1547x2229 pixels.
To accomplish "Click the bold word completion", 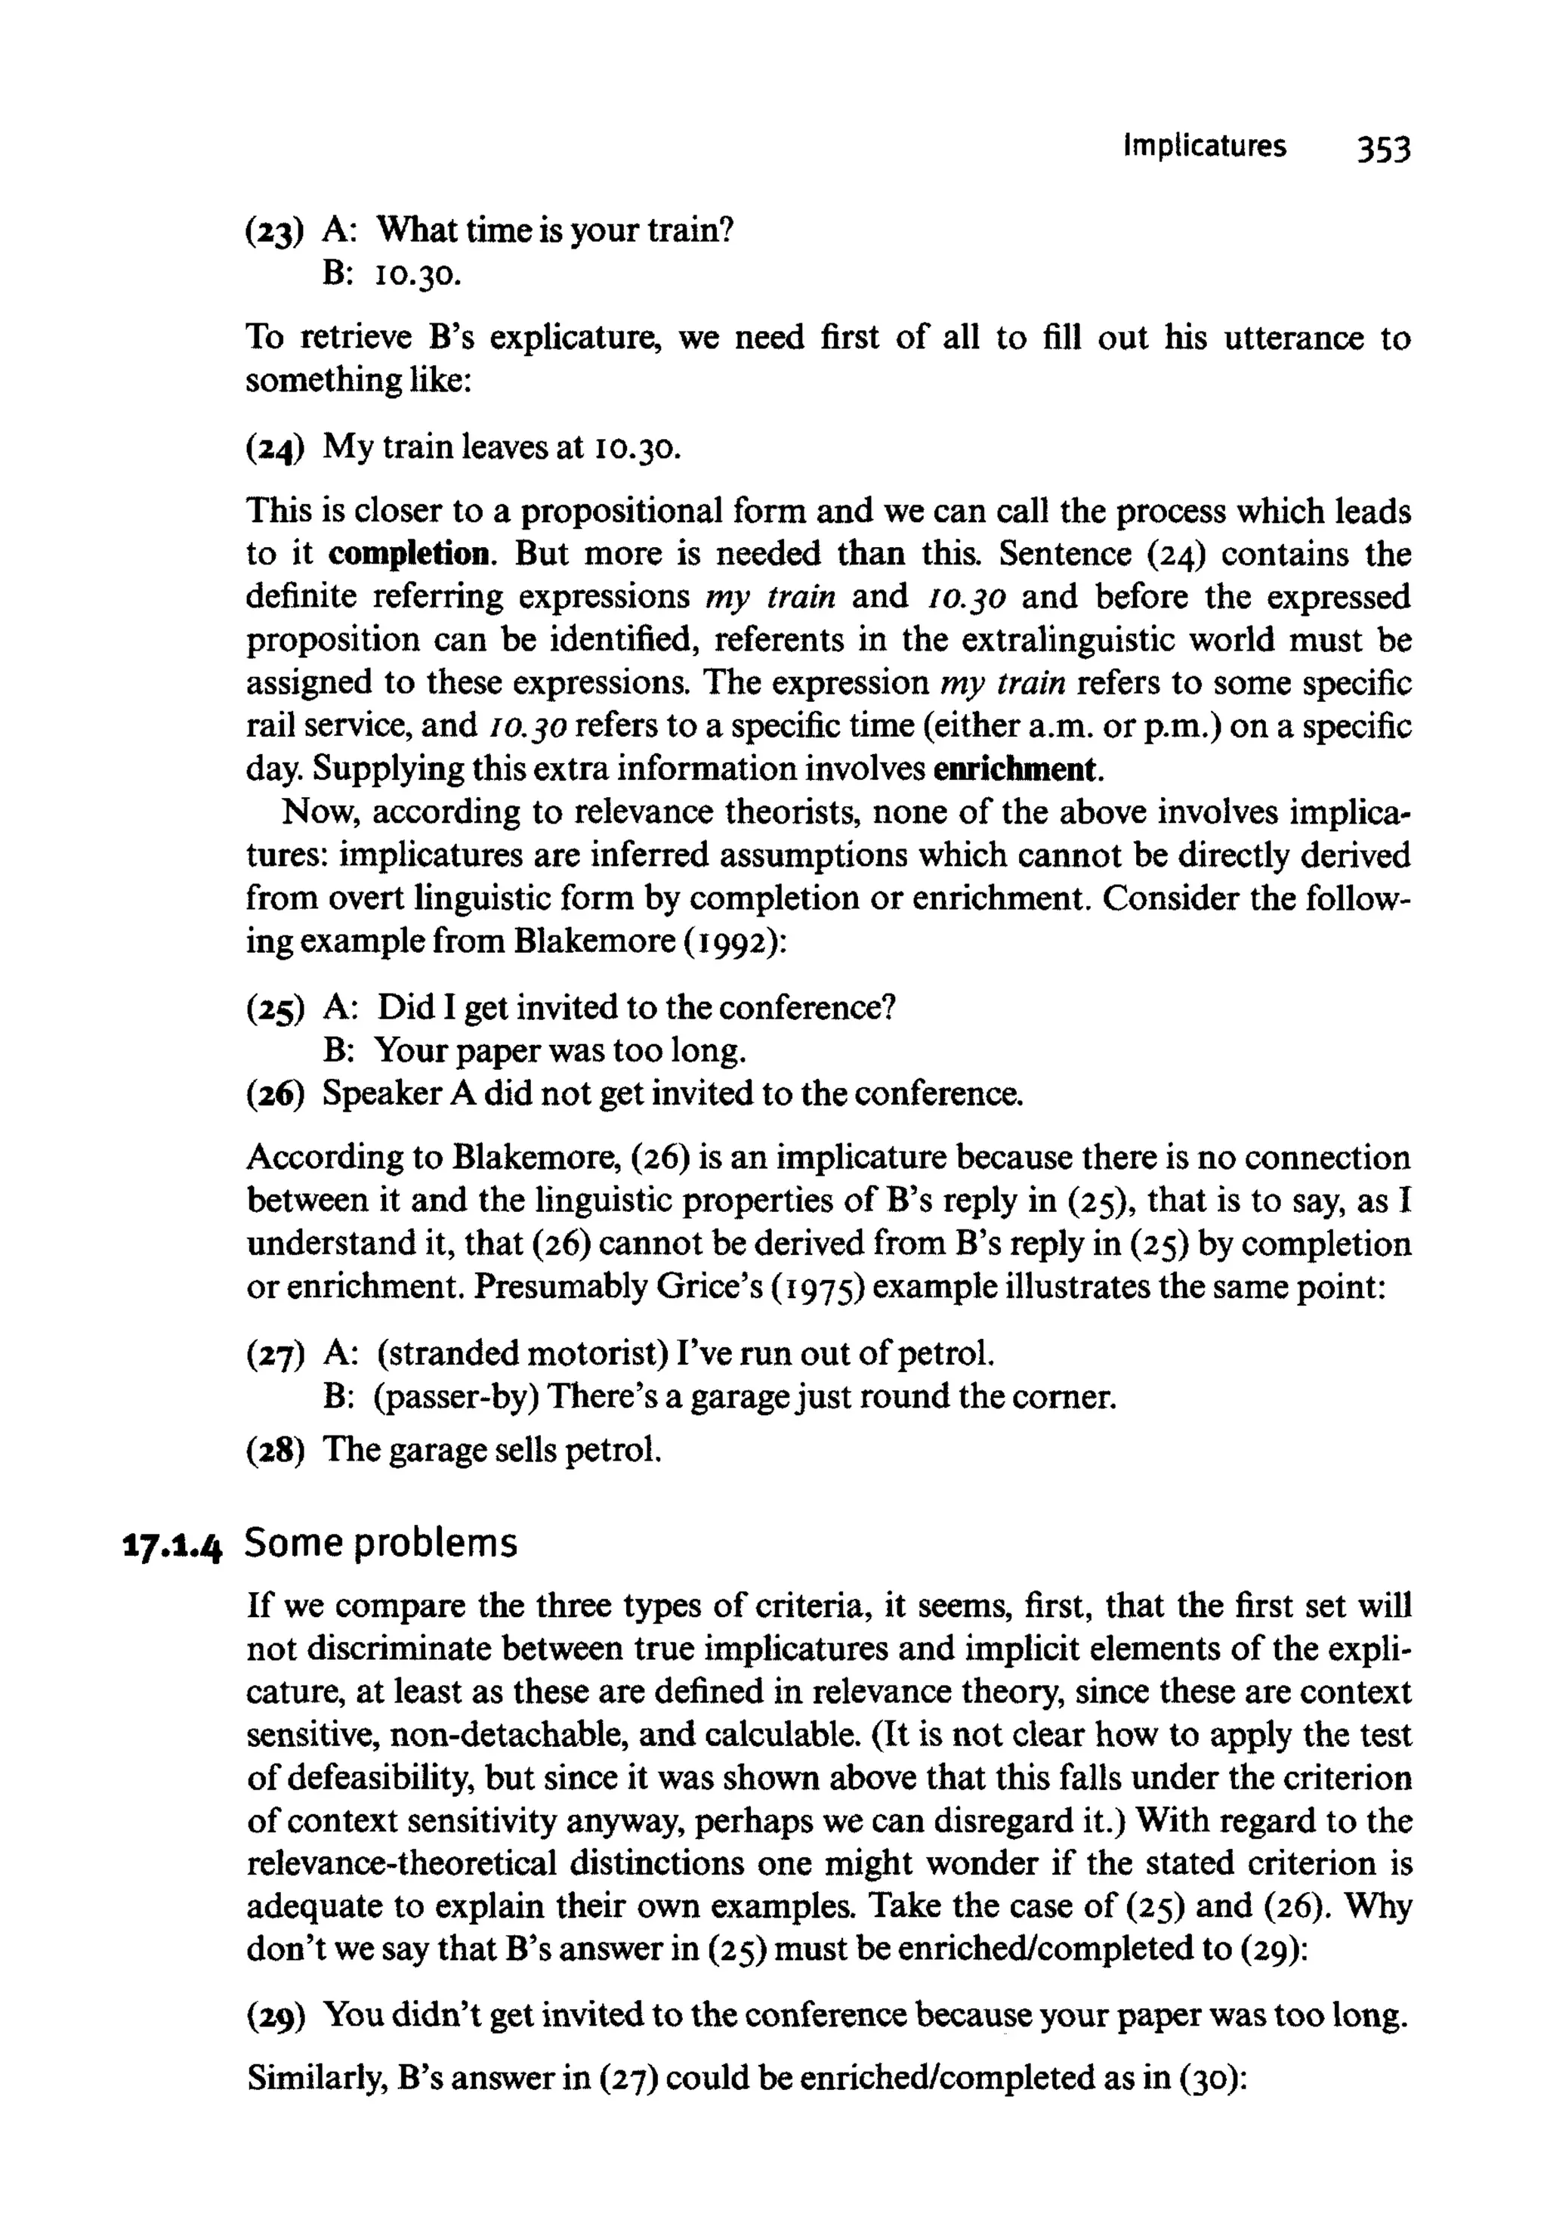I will (x=410, y=555).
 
